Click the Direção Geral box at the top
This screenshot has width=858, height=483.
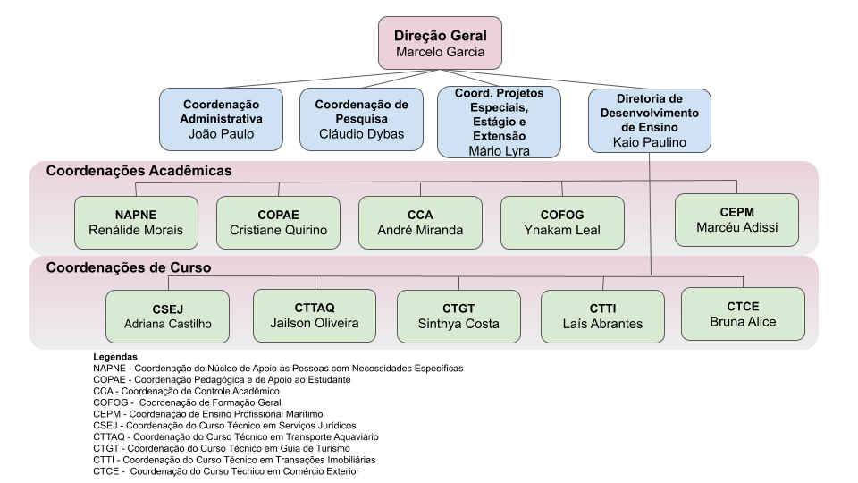(x=440, y=43)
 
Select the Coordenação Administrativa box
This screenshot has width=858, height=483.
(x=222, y=118)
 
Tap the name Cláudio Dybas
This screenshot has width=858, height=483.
(x=361, y=134)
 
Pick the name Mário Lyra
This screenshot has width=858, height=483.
(x=498, y=150)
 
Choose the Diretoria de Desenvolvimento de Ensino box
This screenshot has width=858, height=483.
(x=650, y=119)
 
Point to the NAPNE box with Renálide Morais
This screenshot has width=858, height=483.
(x=136, y=223)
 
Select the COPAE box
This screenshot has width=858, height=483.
(x=278, y=223)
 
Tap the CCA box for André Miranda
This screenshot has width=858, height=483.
(x=420, y=223)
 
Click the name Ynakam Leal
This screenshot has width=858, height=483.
(x=562, y=231)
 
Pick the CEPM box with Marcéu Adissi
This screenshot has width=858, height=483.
(x=736, y=219)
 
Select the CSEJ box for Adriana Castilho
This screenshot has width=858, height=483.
(x=167, y=317)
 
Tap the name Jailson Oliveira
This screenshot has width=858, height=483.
(x=314, y=323)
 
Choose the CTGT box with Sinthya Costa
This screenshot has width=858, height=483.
(x=458, y=317)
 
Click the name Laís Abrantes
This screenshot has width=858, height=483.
(x=603, y=325)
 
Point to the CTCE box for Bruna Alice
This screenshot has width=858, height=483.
(x=743, y=314)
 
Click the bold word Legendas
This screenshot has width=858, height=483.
(x=115, y=357)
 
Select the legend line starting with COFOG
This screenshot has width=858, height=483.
(x=187, y=402)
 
